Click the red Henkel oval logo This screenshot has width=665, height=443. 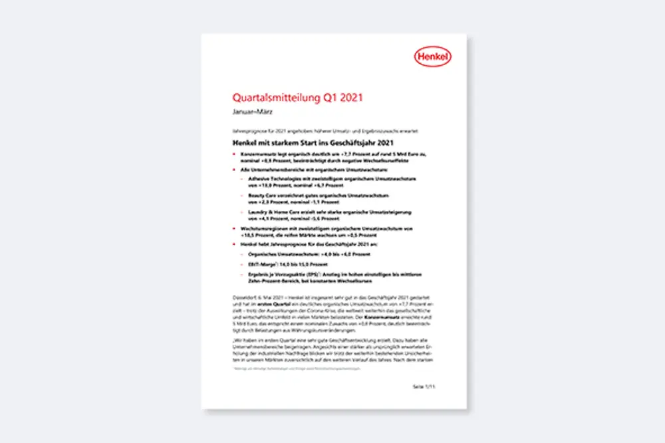(x=432, y=57)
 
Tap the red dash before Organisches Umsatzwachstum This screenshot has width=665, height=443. (x=242, y=253)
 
